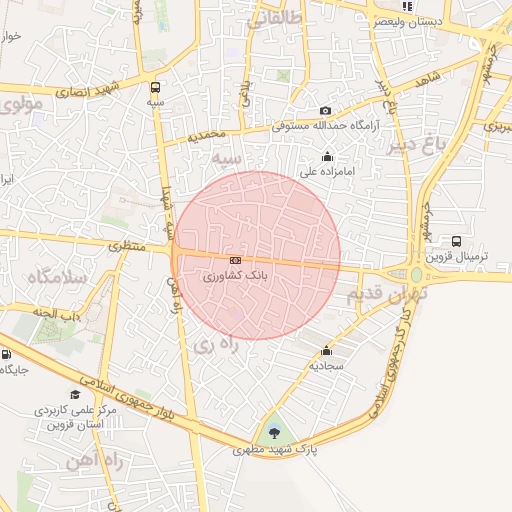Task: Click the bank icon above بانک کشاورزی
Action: click(235, 260)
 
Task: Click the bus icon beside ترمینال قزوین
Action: click(457, 241)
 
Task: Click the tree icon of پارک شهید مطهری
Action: click(275, 433)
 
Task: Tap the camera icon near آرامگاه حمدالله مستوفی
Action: click(325, 111)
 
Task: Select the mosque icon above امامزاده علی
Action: click(327, 156)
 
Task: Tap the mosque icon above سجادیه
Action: click(326, 351)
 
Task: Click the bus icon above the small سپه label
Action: click(155, 87)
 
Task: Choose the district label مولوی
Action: click(21, 104)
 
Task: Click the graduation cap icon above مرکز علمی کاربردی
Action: click(76, 395)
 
